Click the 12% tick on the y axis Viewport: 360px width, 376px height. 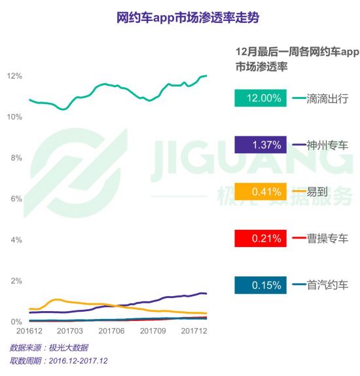14,76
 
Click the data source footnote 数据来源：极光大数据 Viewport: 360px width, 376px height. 49,347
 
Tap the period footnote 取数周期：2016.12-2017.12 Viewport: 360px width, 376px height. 59,361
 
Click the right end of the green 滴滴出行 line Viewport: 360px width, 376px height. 207,76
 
